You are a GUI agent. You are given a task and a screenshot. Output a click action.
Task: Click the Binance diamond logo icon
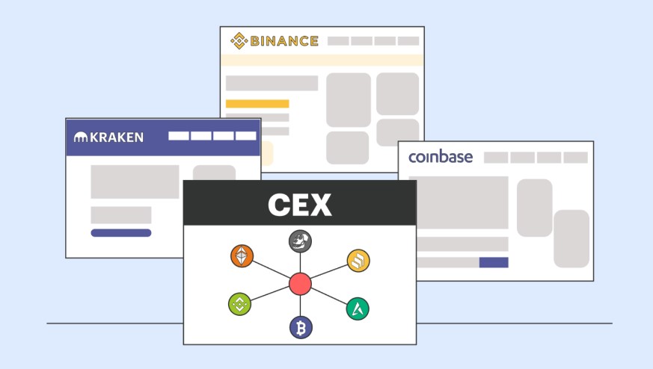(239, 41)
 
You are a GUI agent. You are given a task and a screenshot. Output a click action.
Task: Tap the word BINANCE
(284, 41)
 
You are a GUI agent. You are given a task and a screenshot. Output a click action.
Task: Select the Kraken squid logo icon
(81, 137)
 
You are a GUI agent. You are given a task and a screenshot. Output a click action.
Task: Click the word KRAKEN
(117, 137)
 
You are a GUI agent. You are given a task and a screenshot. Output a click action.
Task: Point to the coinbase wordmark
(441, 157)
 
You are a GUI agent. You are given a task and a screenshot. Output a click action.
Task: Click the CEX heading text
(300, 205)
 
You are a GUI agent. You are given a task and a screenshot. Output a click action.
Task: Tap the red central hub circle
(300, 284)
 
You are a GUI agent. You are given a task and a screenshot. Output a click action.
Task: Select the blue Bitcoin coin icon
(301, 328)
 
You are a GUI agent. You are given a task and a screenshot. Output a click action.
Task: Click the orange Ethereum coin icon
(242, 256)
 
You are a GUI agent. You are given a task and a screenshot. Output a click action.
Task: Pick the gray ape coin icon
(300, 241)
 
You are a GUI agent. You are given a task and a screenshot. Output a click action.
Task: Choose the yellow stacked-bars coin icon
(358, 261)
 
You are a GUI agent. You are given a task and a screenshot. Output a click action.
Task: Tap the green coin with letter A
(358, 308)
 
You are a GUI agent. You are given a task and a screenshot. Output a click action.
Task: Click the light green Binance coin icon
(240, 304)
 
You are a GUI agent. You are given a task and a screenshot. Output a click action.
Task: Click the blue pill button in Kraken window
(121, 233)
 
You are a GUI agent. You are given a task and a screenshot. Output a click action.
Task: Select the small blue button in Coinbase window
(494, 262)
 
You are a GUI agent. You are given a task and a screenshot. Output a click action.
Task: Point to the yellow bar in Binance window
(257, 104)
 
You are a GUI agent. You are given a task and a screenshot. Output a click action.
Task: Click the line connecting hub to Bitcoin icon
(300, 306)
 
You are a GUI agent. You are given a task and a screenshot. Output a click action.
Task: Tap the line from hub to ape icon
(300, 263)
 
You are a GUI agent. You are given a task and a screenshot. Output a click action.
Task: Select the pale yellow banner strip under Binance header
(322, 60)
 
